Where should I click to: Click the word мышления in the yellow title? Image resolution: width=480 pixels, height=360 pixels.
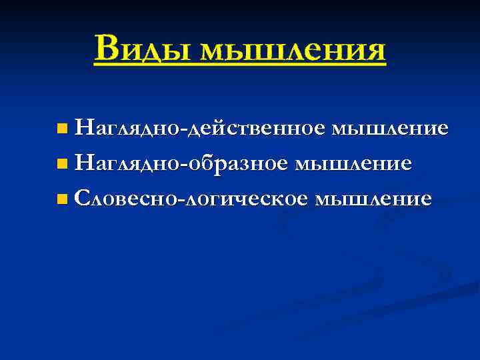tap(293, 50)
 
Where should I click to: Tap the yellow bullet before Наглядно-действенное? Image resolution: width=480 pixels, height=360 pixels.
tap(62, 127)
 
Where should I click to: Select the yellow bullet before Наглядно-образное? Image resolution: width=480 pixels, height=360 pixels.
tap(62, 163)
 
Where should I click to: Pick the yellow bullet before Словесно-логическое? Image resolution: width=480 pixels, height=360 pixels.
tap(62, 199)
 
